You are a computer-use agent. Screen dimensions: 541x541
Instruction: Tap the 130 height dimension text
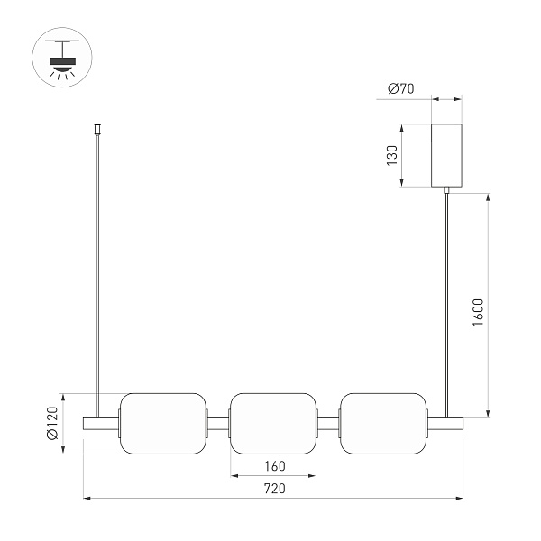[391, 155]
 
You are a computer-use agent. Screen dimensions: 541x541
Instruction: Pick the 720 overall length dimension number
[274, 489]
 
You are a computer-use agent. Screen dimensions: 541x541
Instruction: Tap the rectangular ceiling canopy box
[448, 155]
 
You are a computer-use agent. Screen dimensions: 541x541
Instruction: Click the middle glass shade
[274, 424]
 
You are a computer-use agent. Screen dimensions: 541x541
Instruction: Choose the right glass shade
[383, 424]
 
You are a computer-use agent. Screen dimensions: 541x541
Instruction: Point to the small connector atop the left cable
[97, 130]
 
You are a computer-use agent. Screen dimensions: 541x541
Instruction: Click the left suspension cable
[97, 270]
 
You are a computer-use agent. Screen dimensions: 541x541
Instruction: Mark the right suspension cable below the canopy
[448, 298]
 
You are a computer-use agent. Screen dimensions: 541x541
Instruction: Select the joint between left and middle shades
[219, 423]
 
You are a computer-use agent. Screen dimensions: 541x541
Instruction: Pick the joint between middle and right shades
[329, 423]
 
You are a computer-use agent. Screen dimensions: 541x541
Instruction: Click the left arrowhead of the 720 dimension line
[87, 497]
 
